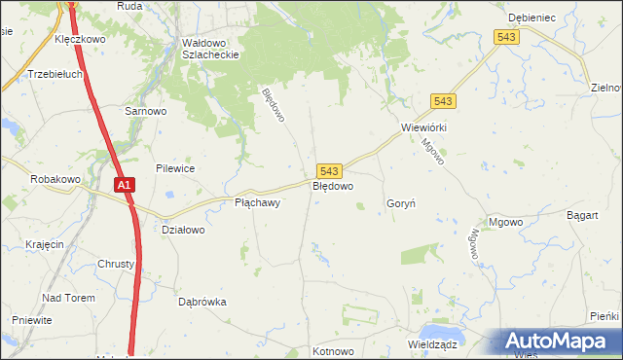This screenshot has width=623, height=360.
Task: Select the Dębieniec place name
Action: pyautogui.click(x=531, y=18)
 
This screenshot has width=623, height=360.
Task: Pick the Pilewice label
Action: pyautogui.click(x=174, y=168)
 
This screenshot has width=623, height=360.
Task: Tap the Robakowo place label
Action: pyautogui.click(x=55, y=179)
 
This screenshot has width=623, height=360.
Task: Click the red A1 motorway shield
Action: pyautogui.click(x=124, y=184)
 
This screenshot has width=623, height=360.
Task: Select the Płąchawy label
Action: pyautogui.click(x=258, y=203)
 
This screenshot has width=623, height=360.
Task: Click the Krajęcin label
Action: pyautogui.click(x=46, y=244)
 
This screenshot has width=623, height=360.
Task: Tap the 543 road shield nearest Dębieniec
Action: pyautogui.click(x=506, y=36)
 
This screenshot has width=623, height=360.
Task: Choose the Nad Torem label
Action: pyautogui.click(x=67, y=297)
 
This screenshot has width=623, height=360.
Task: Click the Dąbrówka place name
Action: pyautogui.click(x=202, y=302)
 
